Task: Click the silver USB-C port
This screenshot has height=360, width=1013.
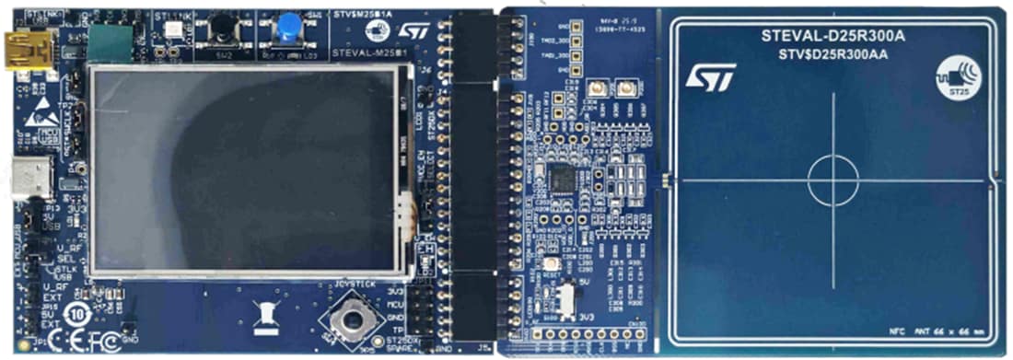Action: click(x=31, y=177)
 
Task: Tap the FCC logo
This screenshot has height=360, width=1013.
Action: click(x=106, y=343)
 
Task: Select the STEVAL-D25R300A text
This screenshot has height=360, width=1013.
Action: click(x=832, y=36)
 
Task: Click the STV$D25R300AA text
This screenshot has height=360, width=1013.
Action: click(x=832, y=53)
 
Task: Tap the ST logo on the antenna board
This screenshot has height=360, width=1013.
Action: click(x=711, y=77)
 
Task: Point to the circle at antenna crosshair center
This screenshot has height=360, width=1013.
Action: click(x=833, y=180)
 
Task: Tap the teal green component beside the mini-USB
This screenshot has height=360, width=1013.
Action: click(x=110, y=41)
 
